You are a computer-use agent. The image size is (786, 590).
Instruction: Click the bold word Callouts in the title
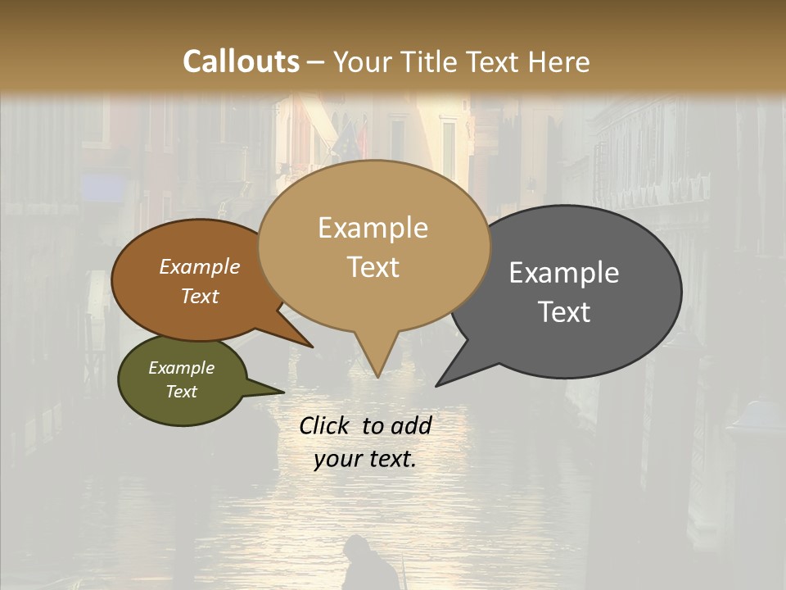pos(241,61)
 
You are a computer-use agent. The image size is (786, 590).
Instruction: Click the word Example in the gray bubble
pos(564,273)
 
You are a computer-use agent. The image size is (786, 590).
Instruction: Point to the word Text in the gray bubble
pos(564,312)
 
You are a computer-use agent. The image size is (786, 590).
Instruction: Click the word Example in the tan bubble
pos(373,228)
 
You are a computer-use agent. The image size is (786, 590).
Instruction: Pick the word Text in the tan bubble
pos(373,267)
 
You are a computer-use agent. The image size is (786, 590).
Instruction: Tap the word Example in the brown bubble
pos(200,267)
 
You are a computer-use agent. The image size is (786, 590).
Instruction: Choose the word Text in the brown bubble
pos(200,296)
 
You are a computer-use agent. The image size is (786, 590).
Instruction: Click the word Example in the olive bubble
pos(182,368)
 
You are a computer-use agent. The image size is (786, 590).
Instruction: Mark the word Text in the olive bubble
pos(182,392)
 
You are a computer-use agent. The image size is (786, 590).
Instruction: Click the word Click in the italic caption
pos(326,425)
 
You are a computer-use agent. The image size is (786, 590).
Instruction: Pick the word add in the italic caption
pos(412,425)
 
